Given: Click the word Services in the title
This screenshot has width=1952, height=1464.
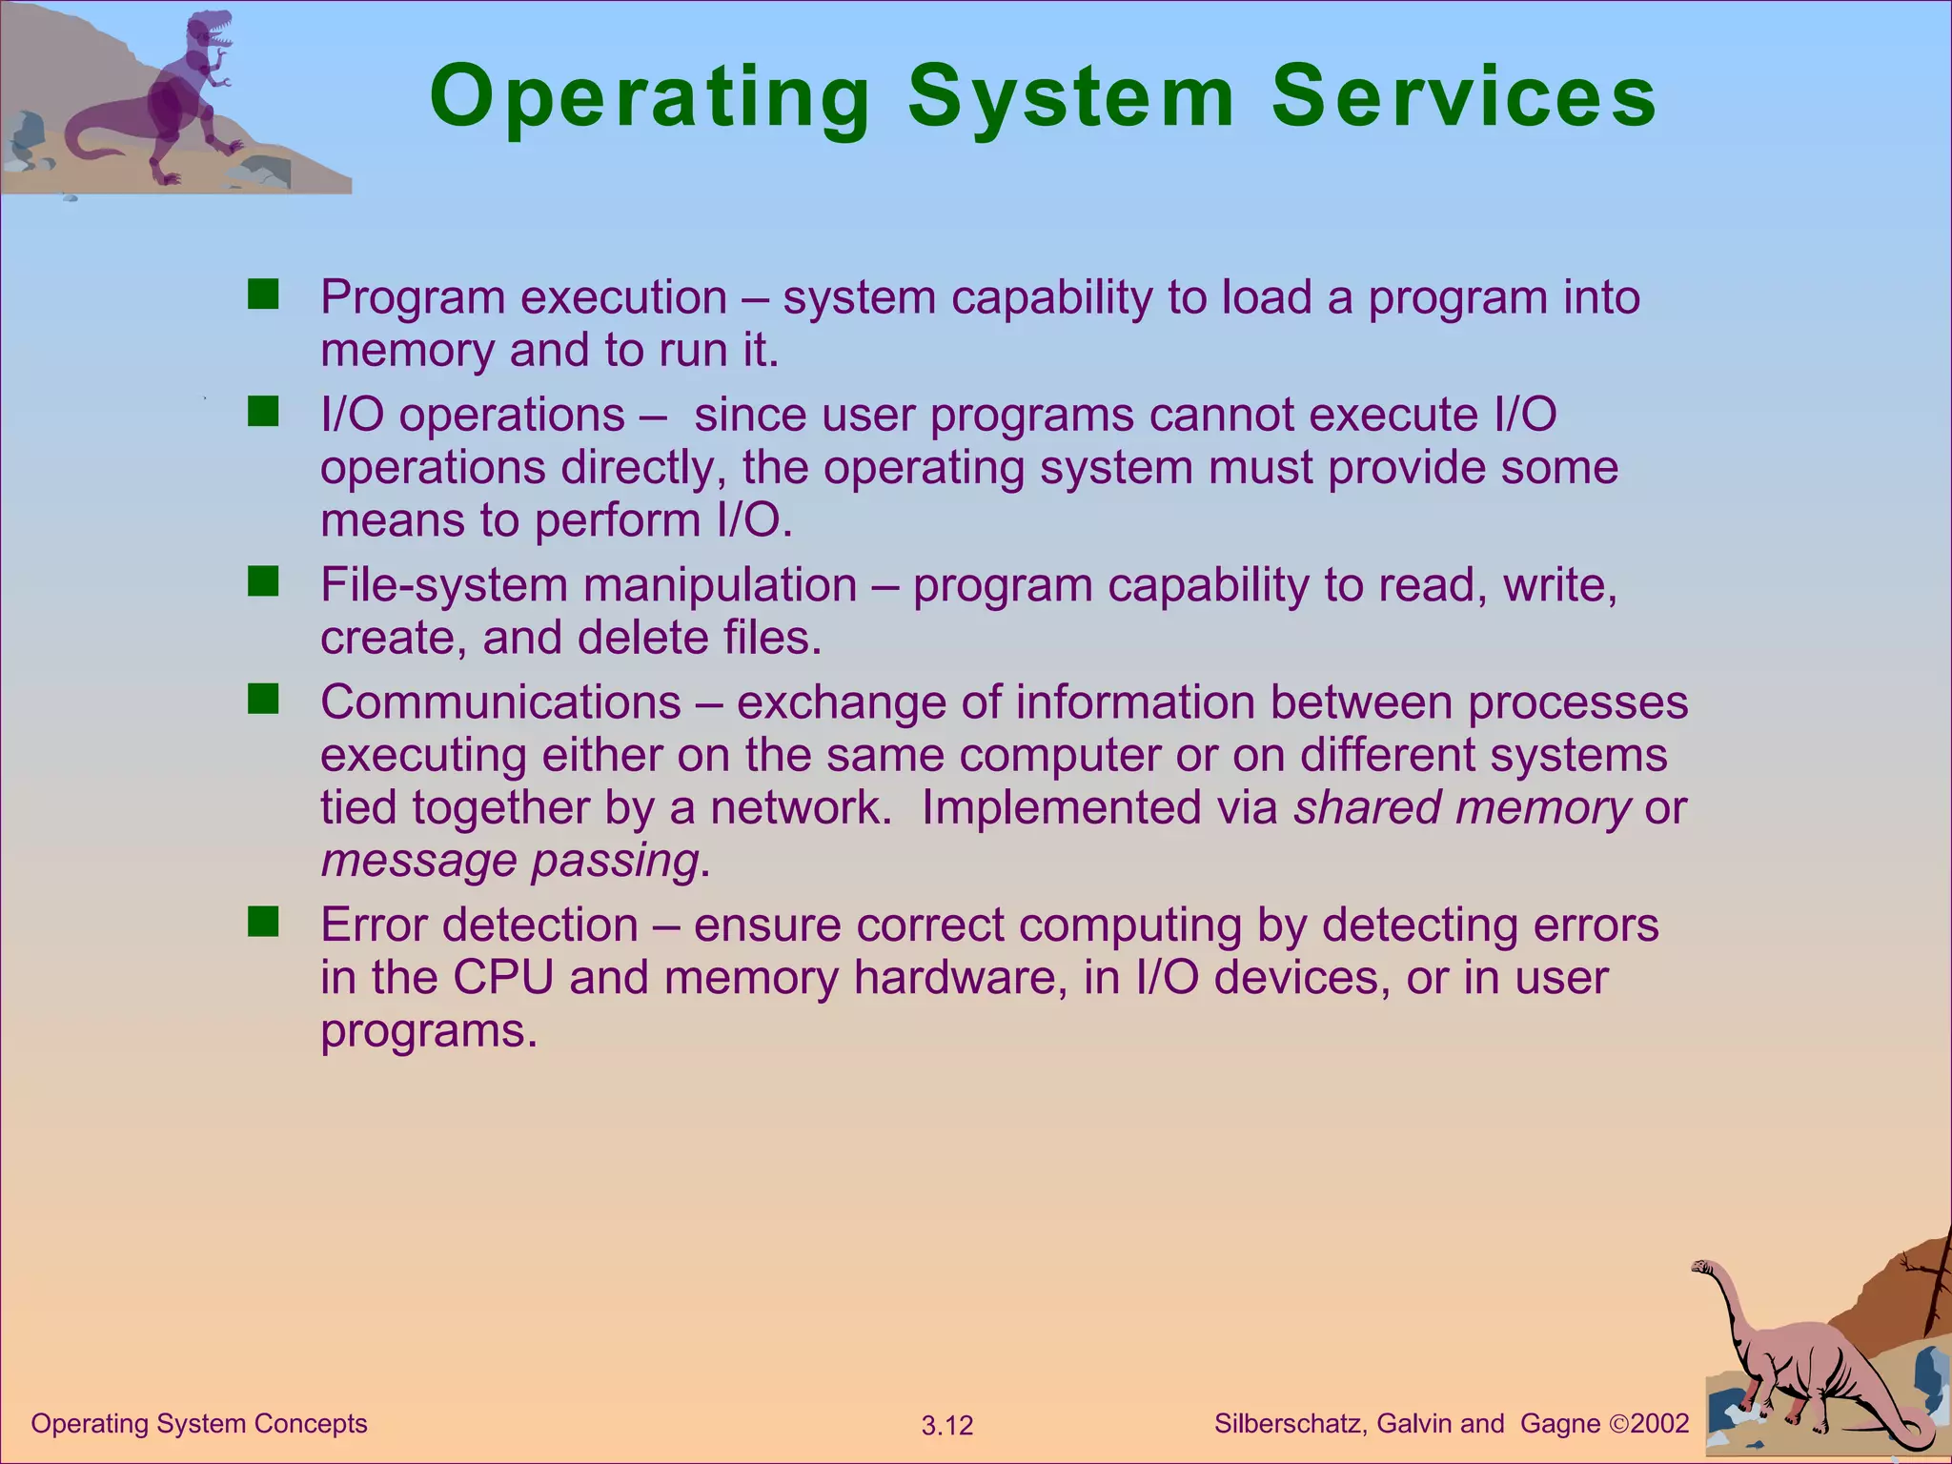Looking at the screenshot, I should pyautogui.click(x=1464, y=97).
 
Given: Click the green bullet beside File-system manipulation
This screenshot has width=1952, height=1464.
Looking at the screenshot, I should pyautogui.click(x=262, y=581).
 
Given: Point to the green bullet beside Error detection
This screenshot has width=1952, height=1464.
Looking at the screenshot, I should pyautogui.click(x=262, y=922).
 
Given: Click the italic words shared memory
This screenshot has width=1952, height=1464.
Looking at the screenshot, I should pyautogui.click(x=1462, y=807).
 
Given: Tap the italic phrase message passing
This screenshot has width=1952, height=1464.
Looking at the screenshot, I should pyautogui.click(x=511, y=861).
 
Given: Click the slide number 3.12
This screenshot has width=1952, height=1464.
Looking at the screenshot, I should pyautogui.click(x=947, y=1426).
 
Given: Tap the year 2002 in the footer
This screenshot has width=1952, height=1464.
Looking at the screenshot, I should pyautogui.click(x=1659, y=1424).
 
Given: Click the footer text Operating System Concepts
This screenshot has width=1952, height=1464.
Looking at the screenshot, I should pyautogui.click(x=199, y=1424).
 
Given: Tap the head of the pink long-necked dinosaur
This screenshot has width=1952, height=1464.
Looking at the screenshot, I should pyautogui.click(x=1703, y=1269).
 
